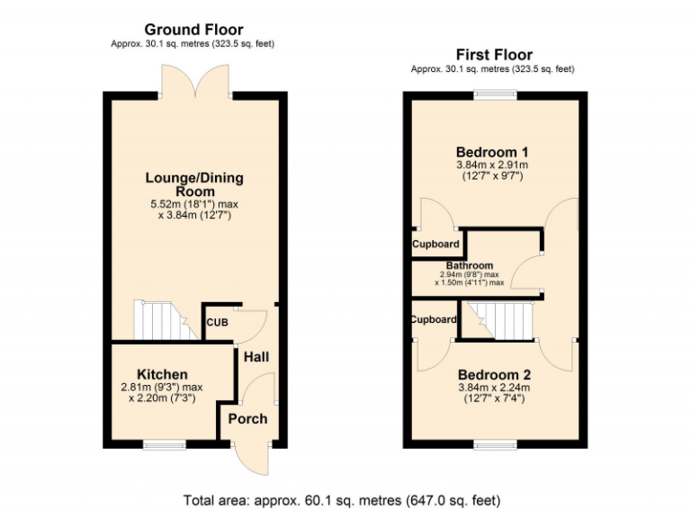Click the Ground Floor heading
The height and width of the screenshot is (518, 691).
[193, 30]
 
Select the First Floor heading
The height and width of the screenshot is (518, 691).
[493, 55]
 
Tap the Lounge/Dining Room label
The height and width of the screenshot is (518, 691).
[193, 184]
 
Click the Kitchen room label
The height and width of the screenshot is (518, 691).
[162, 374]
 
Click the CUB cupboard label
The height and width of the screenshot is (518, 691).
[216, 323]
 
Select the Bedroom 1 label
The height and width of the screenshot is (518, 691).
[492, 151]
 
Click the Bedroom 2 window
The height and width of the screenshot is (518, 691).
[492, 443]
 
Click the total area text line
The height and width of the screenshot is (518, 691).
[342, 500]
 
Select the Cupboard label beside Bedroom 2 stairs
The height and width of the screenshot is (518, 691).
[434, 319]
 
